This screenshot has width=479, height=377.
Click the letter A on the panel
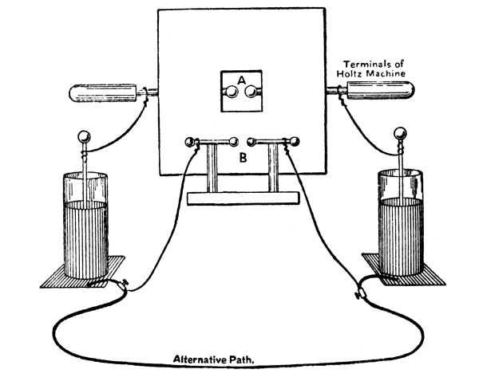(240, 79)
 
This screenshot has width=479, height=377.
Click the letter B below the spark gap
(240, 159)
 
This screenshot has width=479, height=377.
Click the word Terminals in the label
(365, 63)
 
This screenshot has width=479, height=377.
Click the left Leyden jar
(86, 231)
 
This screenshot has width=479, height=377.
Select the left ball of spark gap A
(230, 94)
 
